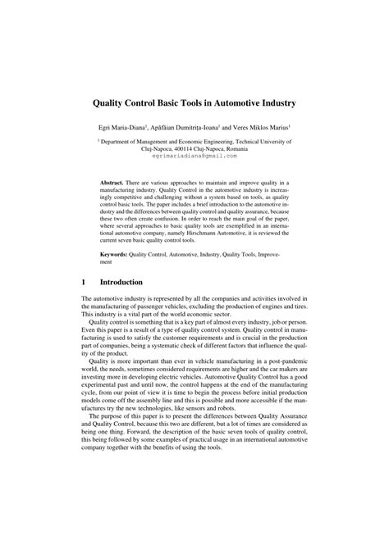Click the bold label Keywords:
point(117,255)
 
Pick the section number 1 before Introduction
point(84,283)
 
